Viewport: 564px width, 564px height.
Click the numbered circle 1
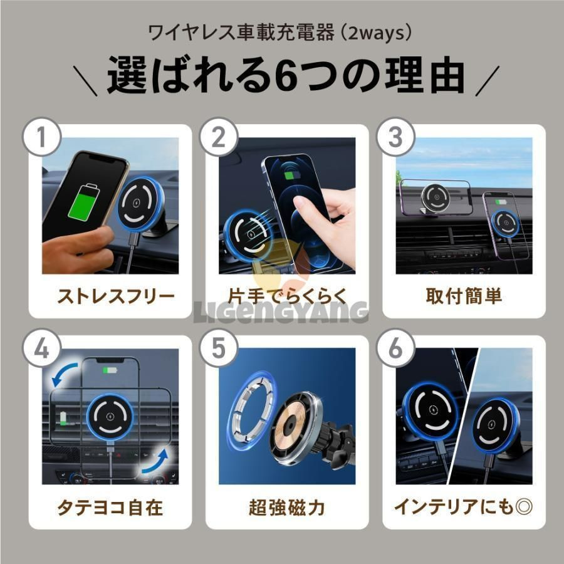[x=42, y=137]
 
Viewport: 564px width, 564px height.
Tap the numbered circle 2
[x=219, y=137]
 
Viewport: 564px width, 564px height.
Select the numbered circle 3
[x=395, y=137]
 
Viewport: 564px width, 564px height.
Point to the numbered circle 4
[x=42, y=348]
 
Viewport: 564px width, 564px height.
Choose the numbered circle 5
[x=219, y=348]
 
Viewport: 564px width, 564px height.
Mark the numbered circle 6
[x=395, y=348]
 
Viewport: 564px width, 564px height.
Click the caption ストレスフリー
[x=116, y=296]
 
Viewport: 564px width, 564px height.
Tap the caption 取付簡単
[x=464, y=296]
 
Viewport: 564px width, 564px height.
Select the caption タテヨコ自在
[x=110, y=507]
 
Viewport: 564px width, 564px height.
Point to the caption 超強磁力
[x=287, y=507]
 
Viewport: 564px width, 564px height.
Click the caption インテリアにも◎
[x=463, y=507]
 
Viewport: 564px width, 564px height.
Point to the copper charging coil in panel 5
[x=290, y=425]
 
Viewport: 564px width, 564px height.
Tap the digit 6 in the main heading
[x=286, y=76]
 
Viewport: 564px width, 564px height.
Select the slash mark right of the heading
[x=488, y=81]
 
